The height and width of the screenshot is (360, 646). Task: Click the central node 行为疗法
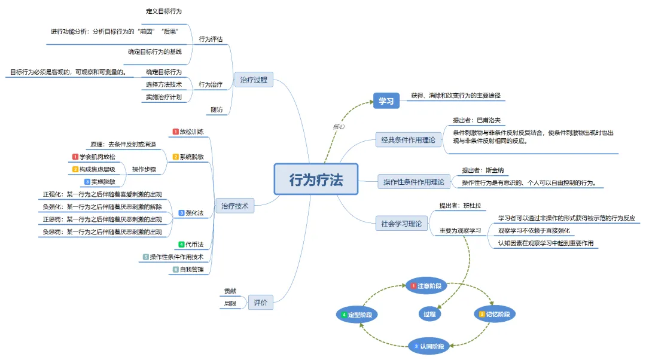(x=316, y=179)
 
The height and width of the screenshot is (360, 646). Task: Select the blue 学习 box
(x=386, y=101)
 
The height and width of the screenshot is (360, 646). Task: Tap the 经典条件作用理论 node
(x=409, y=141)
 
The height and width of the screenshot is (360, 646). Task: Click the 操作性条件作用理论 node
(x=415, y=182)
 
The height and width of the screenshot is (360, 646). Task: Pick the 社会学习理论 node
(x=401, y=224)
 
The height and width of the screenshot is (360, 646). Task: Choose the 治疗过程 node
(x=254, y=80)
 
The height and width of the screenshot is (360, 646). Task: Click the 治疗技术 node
(x=234, y=206)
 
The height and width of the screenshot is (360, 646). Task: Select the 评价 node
(x=260, y=303)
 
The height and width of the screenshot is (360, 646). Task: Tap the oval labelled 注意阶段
(x=426, y=286)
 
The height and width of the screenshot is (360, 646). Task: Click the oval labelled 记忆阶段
(x=495, y=314)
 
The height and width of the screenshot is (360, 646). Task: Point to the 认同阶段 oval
(x=429, y=346)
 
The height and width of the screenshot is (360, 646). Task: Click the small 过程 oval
(x=429, y=314)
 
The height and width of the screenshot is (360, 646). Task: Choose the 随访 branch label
(x=217, y=109)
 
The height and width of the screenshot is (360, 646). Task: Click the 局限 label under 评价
(x=230, y=304)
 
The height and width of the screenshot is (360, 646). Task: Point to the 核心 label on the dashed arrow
(x=339, y=126)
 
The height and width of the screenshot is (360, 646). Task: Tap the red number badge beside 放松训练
(x=175, y=132)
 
